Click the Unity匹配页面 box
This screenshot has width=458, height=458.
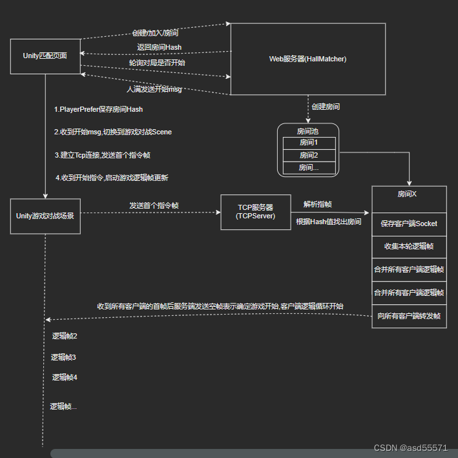coord(45,56)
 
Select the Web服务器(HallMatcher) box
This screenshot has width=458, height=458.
coord(307,59)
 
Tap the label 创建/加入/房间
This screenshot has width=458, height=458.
coord(156,33)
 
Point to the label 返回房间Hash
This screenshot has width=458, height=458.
coord(159,47)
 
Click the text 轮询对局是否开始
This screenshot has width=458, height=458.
coord(157,63)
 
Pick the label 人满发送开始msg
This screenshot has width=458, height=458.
coord(154,89)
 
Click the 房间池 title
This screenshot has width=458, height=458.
coord(307,131)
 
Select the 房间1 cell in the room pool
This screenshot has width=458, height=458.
coord(308,143)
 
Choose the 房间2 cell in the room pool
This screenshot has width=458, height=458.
coord(308,155)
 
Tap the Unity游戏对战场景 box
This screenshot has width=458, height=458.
coord(45,216)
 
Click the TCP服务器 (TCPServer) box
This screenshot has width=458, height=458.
coord(256,212)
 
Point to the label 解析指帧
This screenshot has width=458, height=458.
coord(318,204)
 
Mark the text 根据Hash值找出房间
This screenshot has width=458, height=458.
coord(328,222)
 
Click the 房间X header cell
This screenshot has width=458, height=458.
coord(408,194)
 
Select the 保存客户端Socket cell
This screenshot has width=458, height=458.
coord(408,224)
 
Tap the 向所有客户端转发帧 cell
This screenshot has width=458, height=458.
coord(408,316)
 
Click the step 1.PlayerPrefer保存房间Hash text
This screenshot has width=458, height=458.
coord(98,110)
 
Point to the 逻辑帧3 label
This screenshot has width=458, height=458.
coord(64,357)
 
